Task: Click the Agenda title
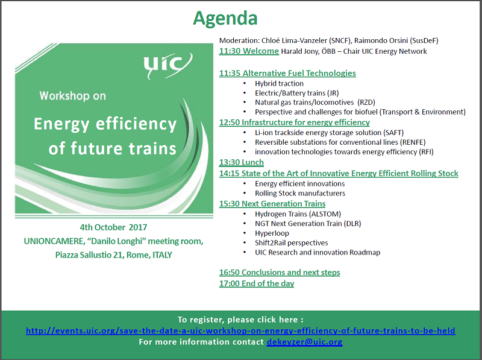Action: point(225,19)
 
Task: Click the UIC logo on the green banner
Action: point(167,66)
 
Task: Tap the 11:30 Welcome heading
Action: point(249,51)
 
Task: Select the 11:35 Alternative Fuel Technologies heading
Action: point(287,73)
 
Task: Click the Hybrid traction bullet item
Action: point(279,83)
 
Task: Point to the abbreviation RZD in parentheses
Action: point(366,103)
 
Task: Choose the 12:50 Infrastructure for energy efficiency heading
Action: point(294,122)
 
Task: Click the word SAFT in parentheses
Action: point(393,133)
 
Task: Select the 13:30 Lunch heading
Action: point(242,162)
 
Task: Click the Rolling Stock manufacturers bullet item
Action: point(300,193)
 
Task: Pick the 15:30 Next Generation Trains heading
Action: point(272,204)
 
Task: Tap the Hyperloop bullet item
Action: point(272,233)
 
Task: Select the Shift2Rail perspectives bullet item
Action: point(292,243)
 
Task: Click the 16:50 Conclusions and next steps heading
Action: point(280,273)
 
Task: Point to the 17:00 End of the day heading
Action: point(257,283)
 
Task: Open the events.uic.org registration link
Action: point(240,331)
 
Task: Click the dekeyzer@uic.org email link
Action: point(304,342)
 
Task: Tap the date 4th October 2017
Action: point(113,227)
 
